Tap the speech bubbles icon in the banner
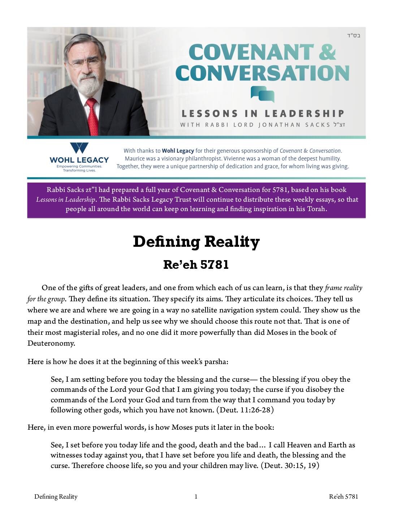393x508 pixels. click(263, 94)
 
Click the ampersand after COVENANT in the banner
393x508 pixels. click(327, 52)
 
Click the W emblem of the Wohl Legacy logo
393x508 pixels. click(79, 149)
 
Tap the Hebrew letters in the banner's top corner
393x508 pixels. click(354, 35)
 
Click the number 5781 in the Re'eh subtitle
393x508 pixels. click(214, 264)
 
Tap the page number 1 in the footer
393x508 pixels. click(196, 496)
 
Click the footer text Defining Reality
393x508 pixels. click(56, 496)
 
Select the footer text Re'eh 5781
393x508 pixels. click(344, 496)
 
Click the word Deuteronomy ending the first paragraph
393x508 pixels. click(51, 343)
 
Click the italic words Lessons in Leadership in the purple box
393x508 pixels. click(65, 200)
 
